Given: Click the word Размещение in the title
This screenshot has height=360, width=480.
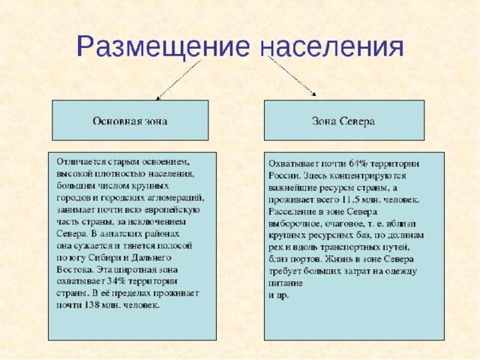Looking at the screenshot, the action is click(x=163, y=46).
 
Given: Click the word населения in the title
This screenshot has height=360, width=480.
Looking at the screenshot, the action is click(x=331, y=46).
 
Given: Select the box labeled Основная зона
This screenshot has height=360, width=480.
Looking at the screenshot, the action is click(x=130, y=120).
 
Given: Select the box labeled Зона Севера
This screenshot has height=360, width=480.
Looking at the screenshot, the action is click(x=344, y=120).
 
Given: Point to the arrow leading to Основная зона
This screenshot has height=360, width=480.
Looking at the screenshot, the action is click(x=178, y=80).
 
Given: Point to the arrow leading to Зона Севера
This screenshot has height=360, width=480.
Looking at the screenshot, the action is click(x=292, y=76).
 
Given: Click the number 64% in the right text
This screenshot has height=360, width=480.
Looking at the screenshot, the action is click(x=358, y=163).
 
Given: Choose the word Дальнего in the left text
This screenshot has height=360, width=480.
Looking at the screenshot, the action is click(x=151, y=258).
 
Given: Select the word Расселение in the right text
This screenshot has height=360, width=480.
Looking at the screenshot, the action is click(x=289, y=211).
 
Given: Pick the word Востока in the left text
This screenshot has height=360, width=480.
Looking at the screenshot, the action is click(x=75, y=270).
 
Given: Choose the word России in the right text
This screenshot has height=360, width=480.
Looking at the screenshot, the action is click(x=283, y=176).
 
